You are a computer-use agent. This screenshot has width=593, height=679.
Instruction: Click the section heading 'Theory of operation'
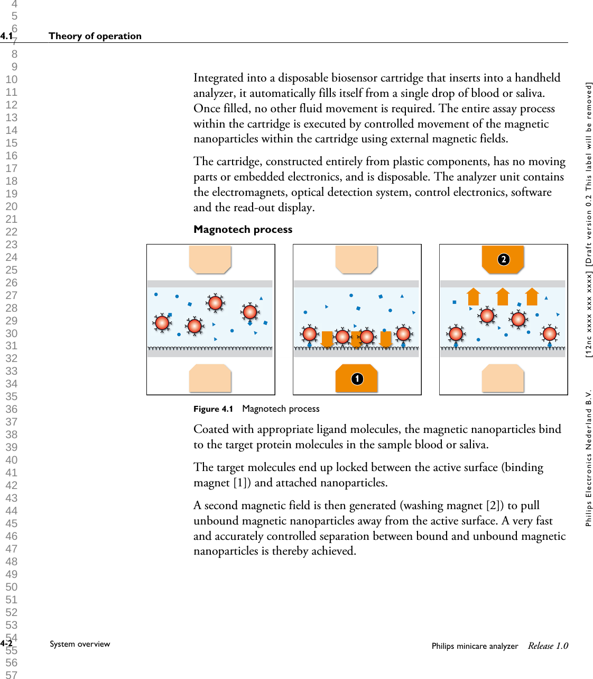(95, 36)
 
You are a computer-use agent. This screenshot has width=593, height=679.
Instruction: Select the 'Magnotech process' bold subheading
(243, 229)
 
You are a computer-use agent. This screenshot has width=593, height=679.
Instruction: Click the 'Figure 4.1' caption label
(213, 409)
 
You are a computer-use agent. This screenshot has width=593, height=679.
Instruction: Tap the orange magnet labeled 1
(357, 378)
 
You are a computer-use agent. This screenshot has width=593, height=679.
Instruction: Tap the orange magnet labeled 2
(503, 259)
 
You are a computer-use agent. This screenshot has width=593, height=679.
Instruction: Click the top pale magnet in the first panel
(210, 259)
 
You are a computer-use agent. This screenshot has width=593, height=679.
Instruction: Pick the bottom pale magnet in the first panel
(210, 378)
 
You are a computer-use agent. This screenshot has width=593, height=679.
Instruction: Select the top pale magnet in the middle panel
(356, 259)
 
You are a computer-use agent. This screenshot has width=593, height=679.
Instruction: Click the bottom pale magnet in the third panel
(503, 378)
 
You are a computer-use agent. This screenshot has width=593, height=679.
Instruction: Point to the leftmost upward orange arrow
(474, 296)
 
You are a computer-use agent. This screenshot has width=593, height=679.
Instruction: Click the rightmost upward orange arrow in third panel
(532, 296)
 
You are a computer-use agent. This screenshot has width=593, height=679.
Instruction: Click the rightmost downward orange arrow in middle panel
(386, 339)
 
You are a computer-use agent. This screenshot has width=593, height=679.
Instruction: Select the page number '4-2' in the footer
(6, 644)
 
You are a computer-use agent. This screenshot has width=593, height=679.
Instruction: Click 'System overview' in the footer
(80, 644)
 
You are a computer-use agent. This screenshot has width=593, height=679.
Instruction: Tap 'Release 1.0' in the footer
(548, 646)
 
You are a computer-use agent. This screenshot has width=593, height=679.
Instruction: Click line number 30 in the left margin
(12, 333)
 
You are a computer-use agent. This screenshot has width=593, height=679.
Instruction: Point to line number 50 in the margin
(12, 587)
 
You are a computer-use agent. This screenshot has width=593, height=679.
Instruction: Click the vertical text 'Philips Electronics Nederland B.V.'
(588, 458)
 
